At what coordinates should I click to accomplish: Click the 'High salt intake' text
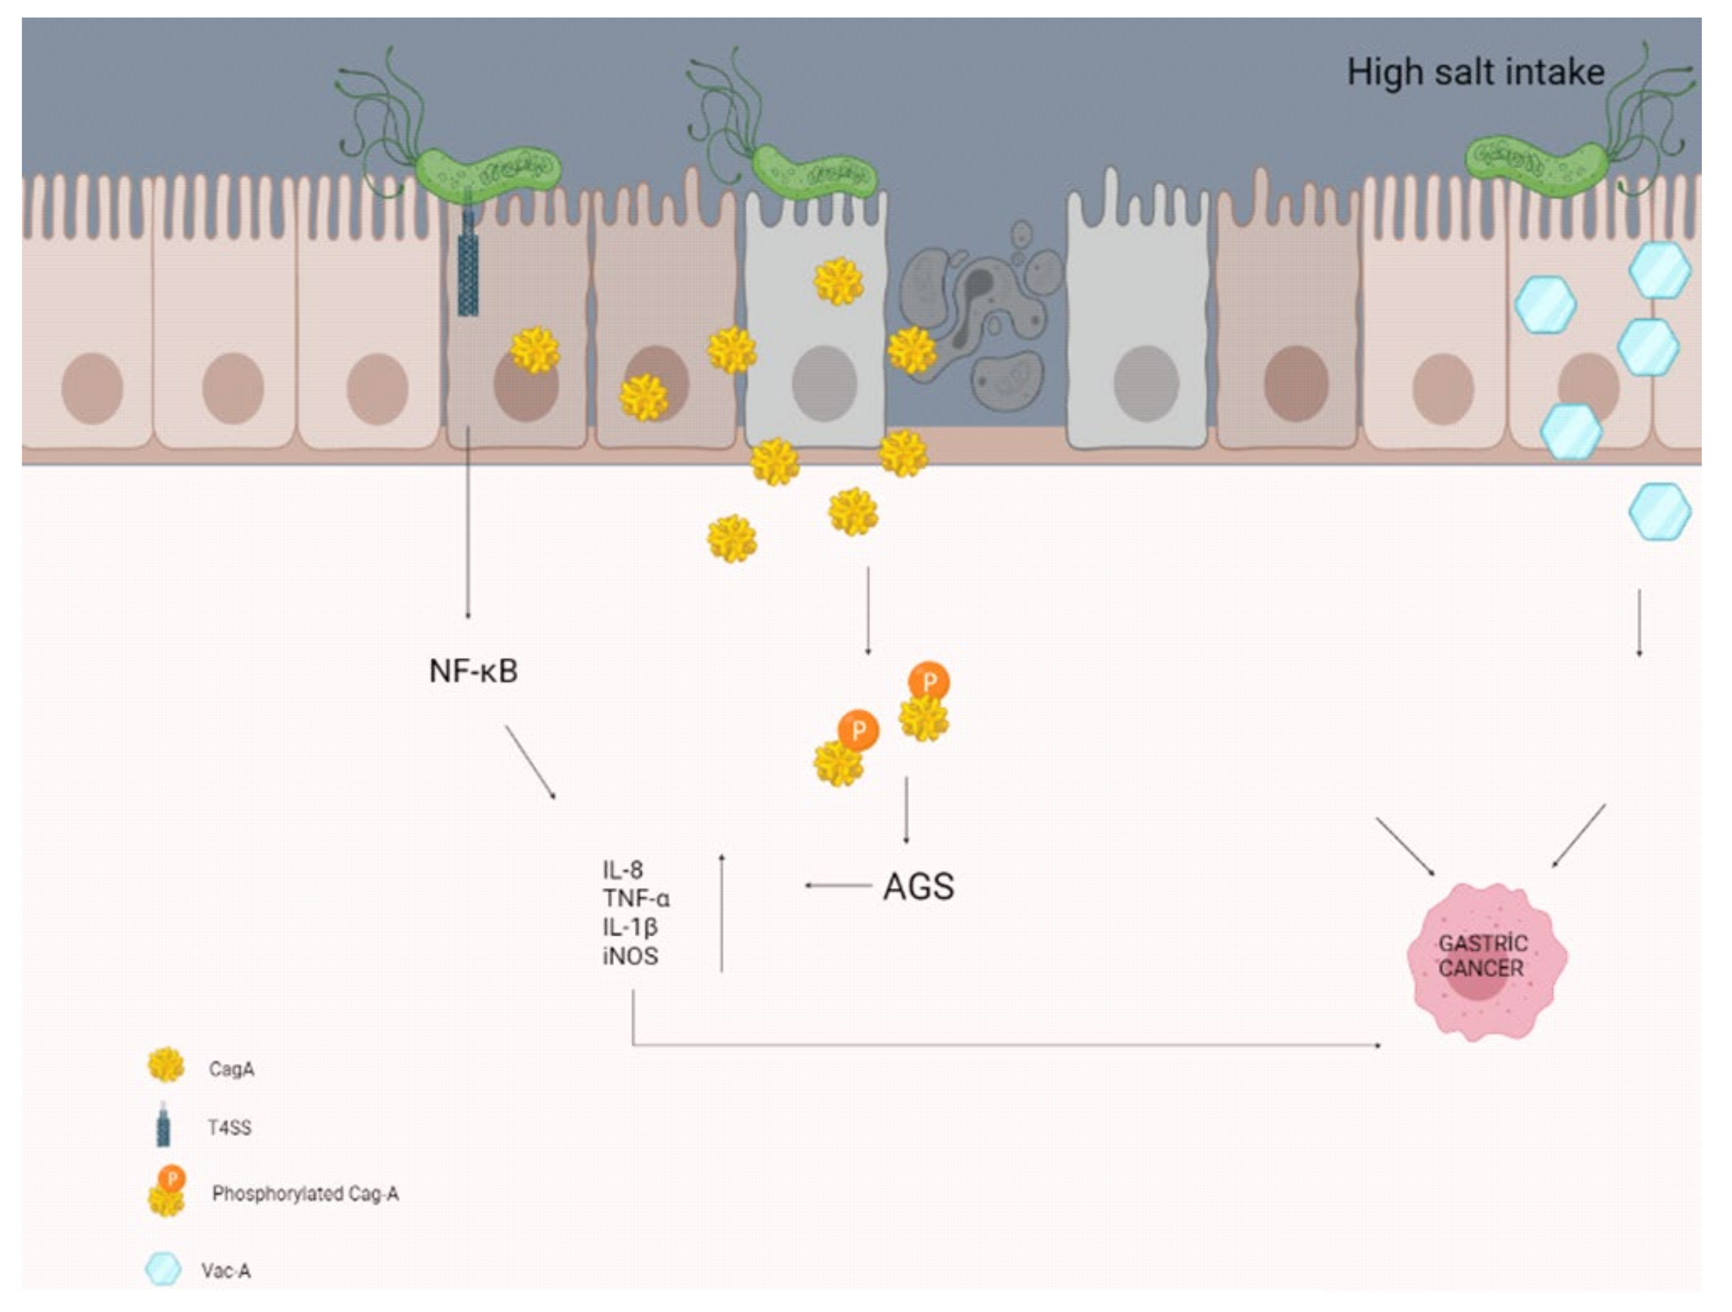click(1475, 72)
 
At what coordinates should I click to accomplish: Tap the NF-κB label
click(473, 671)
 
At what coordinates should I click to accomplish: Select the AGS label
click(918, 886)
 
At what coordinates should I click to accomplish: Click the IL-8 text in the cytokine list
click(622, 870)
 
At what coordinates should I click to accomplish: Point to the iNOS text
click(630, 956)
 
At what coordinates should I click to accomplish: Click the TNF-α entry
click(636, 899)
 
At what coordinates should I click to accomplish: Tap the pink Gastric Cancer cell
click(1486, 962)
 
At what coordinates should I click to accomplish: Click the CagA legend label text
click(231, 1069)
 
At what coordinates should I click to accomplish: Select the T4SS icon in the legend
click(163, 1125)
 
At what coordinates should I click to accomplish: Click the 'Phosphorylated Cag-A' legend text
click(305, 1194)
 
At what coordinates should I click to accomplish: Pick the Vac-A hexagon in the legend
click(163, 1270)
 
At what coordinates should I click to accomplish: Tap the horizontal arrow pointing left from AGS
click(838, 886)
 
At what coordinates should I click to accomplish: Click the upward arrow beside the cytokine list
click(721, 913)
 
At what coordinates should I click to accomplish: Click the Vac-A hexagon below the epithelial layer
click(1659, 512)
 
